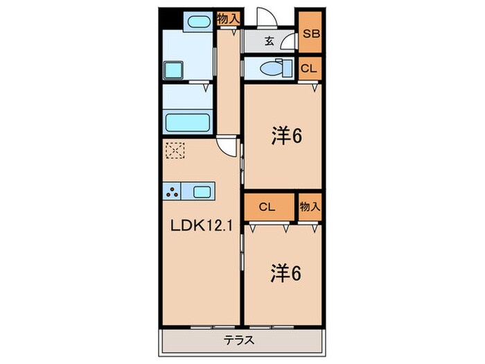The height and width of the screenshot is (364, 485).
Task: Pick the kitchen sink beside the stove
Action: (203, 191)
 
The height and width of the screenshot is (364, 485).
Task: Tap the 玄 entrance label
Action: (269, 41)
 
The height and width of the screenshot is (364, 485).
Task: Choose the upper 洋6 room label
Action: (285, 137)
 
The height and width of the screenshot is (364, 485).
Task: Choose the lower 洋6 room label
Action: (285, 273)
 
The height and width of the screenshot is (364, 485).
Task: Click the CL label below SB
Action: (310, 67)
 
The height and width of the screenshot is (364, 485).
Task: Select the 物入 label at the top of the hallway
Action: (228, 19)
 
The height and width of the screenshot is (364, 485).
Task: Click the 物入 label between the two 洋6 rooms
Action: (310, 206)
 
